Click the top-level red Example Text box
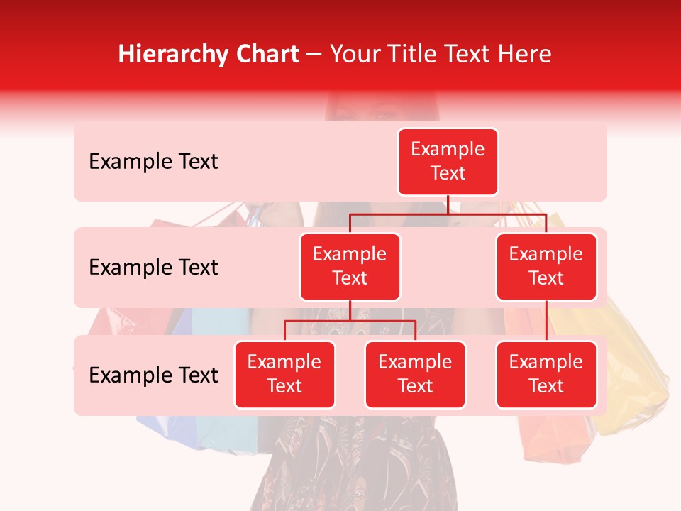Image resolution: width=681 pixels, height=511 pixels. [448, 162]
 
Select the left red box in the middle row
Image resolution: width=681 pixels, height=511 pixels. [350, 267]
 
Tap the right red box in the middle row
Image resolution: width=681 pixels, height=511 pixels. [546, 267]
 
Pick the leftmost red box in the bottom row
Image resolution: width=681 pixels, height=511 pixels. [284, 375]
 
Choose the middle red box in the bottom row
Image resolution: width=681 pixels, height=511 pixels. [415, 375]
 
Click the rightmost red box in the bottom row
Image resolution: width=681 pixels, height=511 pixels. [546, 375]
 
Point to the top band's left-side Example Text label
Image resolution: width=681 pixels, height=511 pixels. [153, 162]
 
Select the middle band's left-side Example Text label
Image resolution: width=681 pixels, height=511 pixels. [153, 268]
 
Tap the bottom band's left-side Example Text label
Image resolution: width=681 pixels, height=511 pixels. [153, 375]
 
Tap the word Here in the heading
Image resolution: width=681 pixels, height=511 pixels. [525, 54]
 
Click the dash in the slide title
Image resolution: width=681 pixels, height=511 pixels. [315, 55]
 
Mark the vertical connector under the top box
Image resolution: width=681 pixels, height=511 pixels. [448, 204]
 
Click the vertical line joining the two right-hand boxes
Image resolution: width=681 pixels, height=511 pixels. [546, 321]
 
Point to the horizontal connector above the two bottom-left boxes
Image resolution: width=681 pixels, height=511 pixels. [350, 321]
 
